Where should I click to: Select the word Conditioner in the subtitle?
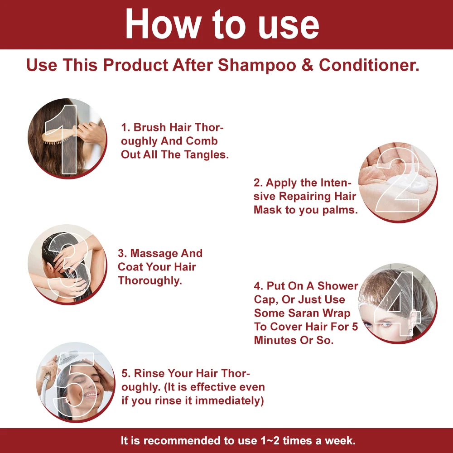coord(369,65)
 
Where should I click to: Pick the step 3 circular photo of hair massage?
coord(67,265)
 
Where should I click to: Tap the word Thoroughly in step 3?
coord(149,280)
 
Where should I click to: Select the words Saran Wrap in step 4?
coord(324,313)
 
